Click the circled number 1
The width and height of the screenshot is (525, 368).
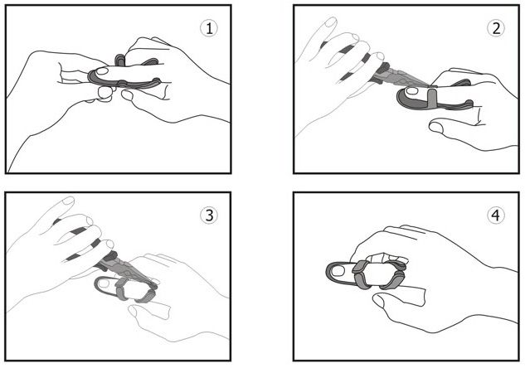click(209, 28)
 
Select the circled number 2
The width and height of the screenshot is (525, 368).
click(495, 28)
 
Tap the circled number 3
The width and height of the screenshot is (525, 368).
click(209, 215)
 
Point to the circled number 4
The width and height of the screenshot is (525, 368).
click(495, 215)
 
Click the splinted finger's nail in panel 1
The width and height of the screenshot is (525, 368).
click(101, 71)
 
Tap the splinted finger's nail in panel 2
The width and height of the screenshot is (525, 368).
click(411, 90)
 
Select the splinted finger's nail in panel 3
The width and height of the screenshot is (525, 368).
click(105, 283)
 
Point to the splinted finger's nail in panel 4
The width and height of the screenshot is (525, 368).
click(341, 270)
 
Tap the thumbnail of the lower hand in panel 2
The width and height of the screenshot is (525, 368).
click(436, 127)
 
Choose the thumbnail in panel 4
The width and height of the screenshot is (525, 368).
click(379, 301)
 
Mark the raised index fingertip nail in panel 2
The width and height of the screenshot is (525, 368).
click(331, 22)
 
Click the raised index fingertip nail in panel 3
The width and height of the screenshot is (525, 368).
click(68, 201)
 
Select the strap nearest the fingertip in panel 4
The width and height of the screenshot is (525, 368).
click(359, 274)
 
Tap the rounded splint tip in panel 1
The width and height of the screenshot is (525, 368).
click(90, 76)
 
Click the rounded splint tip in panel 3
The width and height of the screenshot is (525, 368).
click(96, 284)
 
